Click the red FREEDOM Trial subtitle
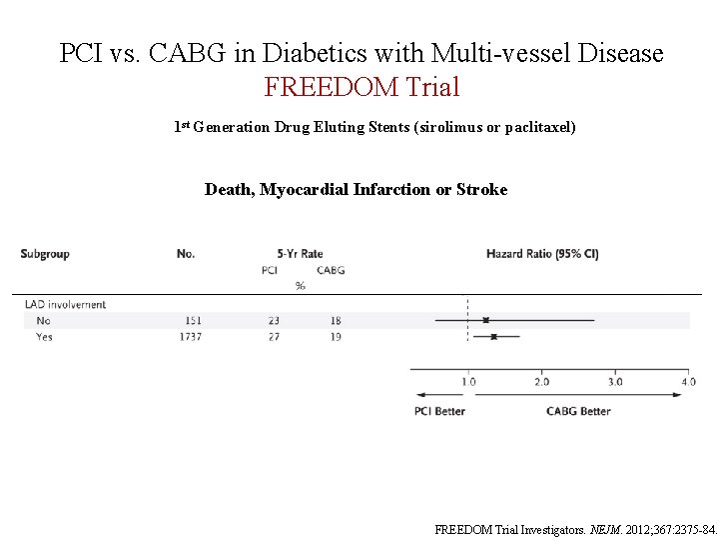coord(361,87)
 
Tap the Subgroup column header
coord(45,254)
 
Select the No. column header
coord(186,254)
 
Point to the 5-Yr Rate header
coord(301,254)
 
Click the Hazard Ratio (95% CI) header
coord(542,254)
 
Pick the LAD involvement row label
coord(65,304)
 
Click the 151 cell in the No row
coord(194,321)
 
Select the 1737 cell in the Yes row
coord(191,337)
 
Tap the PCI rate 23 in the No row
coord(274,321)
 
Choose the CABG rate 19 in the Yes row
coord(336,337)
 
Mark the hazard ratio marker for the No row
coord(485,321)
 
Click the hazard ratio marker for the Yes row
coord(493,337)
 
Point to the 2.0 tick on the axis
coord(541,382)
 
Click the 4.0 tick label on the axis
coord(688,382)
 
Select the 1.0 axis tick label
coord(468,382)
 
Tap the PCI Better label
coord(439,411)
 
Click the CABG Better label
coord(578,411)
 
